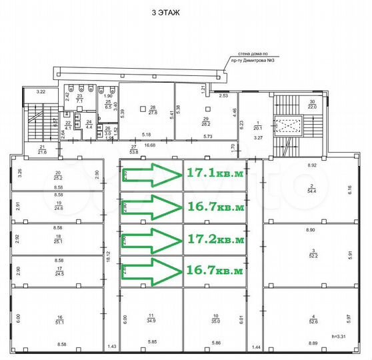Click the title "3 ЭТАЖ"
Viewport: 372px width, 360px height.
click(165, 12)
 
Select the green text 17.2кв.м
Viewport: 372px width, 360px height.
click(215, 238)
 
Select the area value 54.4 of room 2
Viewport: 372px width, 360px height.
click(312, 191)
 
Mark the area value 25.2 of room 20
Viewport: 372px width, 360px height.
click(59, 179)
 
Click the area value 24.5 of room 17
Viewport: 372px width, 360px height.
click(59, 273)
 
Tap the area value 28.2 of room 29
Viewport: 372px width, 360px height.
click(205, 123)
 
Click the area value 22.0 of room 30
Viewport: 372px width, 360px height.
click(312, 107)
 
